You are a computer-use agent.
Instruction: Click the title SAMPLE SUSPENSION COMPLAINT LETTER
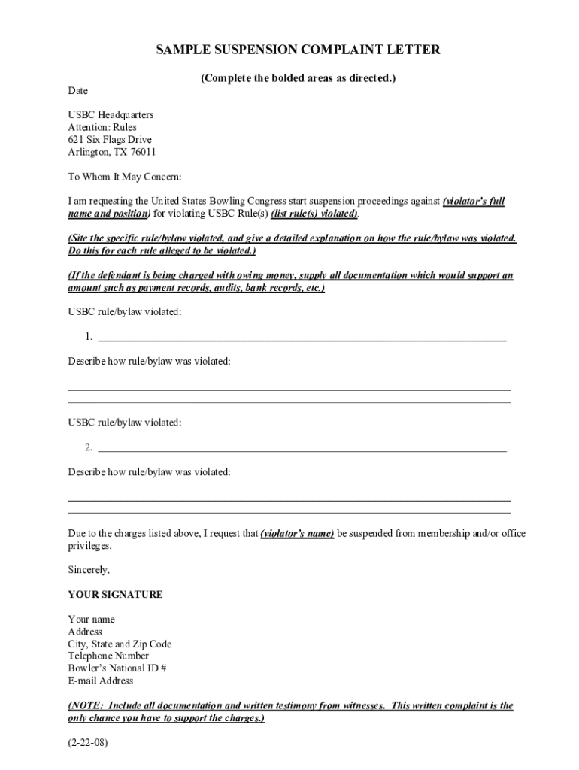[298, 50]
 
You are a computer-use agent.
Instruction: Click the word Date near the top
[78, 91]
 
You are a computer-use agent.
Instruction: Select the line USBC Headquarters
[111, 115]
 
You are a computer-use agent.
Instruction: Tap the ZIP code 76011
[144, 152]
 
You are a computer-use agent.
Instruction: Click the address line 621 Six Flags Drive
[110, 140]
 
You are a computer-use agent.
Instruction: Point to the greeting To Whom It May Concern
[125, 177]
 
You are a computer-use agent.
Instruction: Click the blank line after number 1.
[302, 336]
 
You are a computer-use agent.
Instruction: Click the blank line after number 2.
[302, 448]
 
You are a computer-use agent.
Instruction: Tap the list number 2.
[89, 448]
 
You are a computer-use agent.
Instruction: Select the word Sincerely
[89, 570]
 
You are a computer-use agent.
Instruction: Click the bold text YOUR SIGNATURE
[115, 595]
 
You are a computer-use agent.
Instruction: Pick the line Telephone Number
[108, 656]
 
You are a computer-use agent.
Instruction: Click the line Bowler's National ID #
[117, 668]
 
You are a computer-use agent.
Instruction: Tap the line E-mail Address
[101, 681]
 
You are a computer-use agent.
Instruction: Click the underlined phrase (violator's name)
[297, 534]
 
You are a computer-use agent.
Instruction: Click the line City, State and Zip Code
[120, 644]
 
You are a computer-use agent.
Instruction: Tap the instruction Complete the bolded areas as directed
[298, 78]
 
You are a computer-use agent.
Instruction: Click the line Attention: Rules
[102, 128]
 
